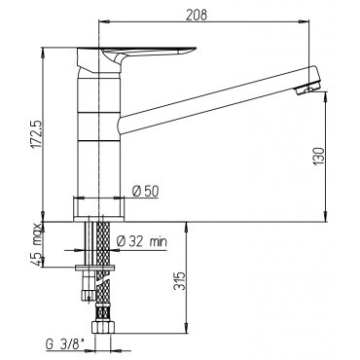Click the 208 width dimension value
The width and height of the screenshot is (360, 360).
(197, 15)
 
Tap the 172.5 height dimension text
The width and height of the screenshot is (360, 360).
(37, 134)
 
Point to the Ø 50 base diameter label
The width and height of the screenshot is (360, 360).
(146, 192)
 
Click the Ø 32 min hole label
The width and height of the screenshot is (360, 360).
(142, 241)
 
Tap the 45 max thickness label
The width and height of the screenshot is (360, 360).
(37, 244)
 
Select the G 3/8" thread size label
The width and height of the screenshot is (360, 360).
(65, 344)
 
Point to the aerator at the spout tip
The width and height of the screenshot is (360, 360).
(308, 88)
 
